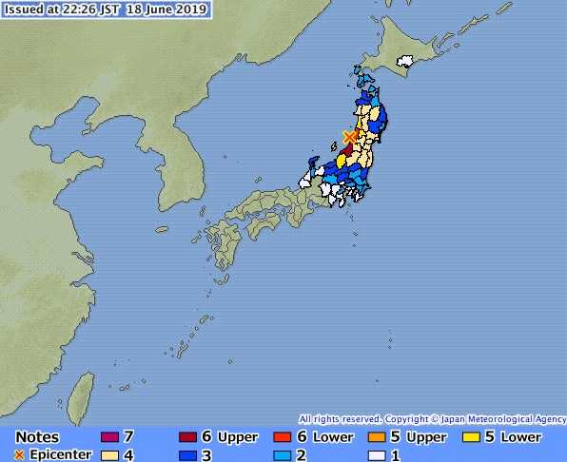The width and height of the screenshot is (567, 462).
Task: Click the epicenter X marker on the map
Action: pyautogui.click(x=350, y=138)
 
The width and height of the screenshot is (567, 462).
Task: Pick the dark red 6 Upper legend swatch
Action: pyautogui.click(x=187, y=437)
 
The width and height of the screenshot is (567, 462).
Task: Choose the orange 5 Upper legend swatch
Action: pyautogui.click(x=376, y=437)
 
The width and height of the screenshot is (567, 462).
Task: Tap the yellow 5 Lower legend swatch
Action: pyautogui.click(x=470, y=437)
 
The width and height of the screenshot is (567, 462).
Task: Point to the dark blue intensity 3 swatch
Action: pyautogui.click(x=187, y=455)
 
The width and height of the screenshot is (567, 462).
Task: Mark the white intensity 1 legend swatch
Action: pyautogui.click(x=376, y=455)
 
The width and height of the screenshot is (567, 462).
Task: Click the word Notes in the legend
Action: pyautogui.click(x=37, y=437)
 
